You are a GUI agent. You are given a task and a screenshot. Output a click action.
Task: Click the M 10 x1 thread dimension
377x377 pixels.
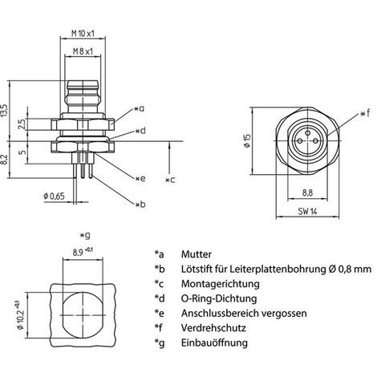[83, 34]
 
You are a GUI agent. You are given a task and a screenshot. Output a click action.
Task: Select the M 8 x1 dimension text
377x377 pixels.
[83, 51]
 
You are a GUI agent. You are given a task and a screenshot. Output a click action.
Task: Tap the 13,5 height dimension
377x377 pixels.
[5, 111]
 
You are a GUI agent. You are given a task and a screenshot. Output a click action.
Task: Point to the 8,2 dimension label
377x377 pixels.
[3, 160]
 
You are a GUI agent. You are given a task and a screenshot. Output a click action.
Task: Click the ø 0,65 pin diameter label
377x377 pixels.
[54, 197]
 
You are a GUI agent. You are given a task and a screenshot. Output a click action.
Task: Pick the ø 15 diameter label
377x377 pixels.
[246, 140]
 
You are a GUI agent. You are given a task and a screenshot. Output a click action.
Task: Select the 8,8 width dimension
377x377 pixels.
[307, 193]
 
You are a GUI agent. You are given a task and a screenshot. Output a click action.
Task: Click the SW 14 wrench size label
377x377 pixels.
[307, 212]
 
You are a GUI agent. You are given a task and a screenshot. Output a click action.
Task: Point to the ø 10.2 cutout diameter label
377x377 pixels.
[22, 315]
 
